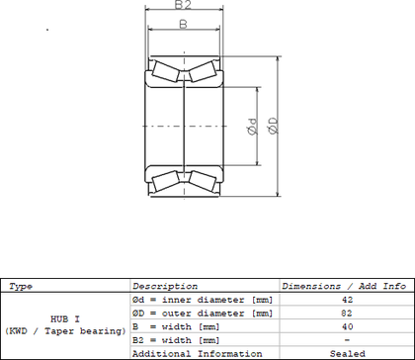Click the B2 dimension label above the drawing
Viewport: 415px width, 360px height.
pyautogui.click(x=183, y=4)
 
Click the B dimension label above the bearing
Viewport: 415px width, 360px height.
pyautogui.click(x=183, y=24)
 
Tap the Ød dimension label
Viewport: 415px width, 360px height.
pyautogui.click(x=252, y=127)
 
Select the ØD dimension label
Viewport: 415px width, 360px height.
pyautogui.click(x=273, y=126)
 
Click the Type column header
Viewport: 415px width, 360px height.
pyautogui.click(x=21, y=287)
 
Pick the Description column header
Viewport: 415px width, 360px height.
pyautogui.click(x=165, y=286)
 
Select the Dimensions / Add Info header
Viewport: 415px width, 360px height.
pyautogui.click(x=344, y=286)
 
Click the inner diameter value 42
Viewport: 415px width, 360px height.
pyautogui.click(x=347, y=300)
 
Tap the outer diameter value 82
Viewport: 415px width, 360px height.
pyautogui.click(x=347, y=314)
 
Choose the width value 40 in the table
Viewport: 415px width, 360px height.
pyautogui.click(x=347, y=326)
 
